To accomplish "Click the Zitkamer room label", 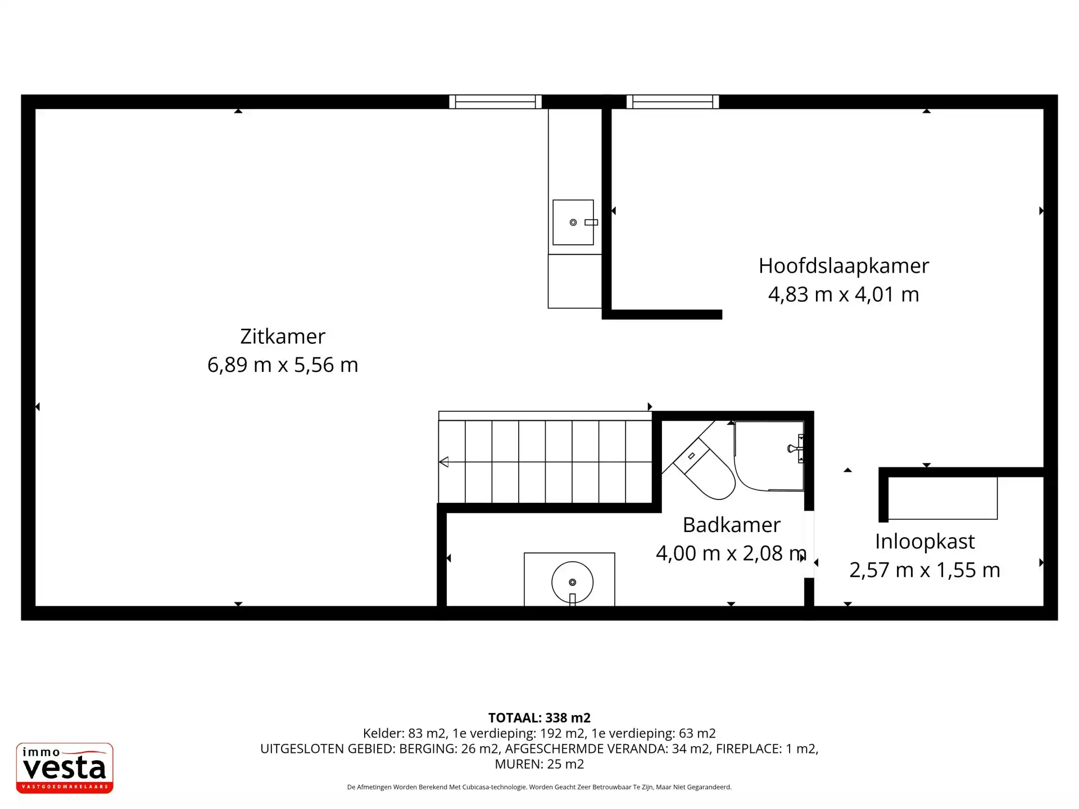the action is point(283,337).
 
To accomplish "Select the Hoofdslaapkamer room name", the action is point(844,266).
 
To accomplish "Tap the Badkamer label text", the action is point(731,525).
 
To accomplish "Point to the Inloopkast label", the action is point(924,542).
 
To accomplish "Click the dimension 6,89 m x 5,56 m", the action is point(283,365).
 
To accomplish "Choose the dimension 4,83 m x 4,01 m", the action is point(844,294).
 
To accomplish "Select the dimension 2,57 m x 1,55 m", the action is point(924,570).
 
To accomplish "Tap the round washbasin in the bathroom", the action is point(572,583).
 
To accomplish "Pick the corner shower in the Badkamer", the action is point(769,456).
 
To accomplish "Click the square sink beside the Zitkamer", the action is point(573,222).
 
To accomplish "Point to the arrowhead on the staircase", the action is point(443,462).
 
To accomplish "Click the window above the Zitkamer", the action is point(495,102).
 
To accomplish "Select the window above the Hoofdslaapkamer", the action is point(673,102).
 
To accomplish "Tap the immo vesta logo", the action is point(65,768).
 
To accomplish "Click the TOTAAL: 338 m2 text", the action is point(539,718).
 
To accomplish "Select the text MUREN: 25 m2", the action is point(539,764).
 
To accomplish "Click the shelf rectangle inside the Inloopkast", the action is point(942,498).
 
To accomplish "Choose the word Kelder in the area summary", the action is point(383,734).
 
